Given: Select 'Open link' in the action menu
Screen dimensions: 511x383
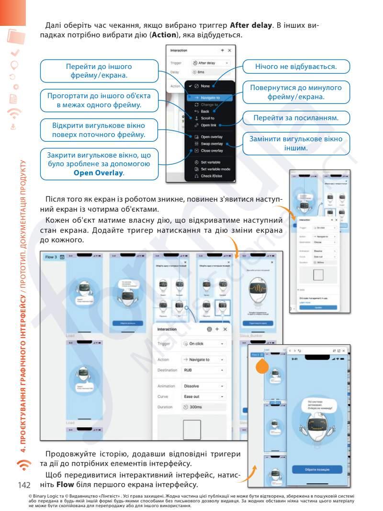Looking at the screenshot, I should click(209, 125).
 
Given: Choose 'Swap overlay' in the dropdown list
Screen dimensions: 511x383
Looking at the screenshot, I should click(211, 144).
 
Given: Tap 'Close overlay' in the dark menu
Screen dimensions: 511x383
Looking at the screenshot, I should click(211, 150).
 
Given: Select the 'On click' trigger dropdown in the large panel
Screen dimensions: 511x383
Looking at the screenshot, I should click(203, 343).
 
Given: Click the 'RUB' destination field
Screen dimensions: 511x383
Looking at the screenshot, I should click(203, 370).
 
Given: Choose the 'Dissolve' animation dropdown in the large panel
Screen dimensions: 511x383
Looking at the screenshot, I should click(203, 386).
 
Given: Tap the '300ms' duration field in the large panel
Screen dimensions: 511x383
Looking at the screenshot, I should click(203, 407).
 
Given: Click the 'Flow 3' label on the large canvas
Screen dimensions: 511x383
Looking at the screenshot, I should click(51, 257).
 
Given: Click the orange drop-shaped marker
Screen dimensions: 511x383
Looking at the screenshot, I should click(262, 367).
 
